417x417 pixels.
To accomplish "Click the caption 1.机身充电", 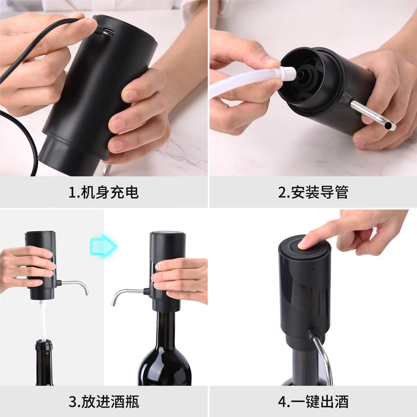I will (x=104, y=192).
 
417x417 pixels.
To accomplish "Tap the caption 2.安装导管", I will (x=313, y=192).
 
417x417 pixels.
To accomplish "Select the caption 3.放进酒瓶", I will (x=104, y=402).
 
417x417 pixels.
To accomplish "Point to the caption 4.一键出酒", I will (x=313, y=402).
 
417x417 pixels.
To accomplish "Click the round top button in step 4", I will (x=302, y=245).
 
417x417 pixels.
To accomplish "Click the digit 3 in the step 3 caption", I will (x=73, y=402).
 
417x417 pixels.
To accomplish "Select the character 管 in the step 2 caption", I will (x=341, y=192).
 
